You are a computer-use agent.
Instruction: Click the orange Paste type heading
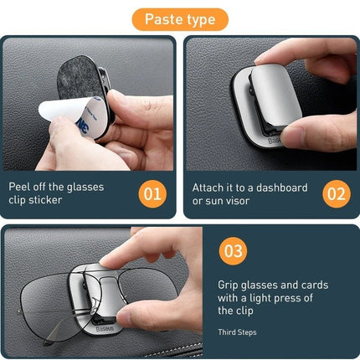(x=179, y=18)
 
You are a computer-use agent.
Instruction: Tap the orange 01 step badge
(x=152, y=194)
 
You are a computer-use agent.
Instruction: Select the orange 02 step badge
(x=336, y=194)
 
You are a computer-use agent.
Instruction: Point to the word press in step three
(x=294, y=297)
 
